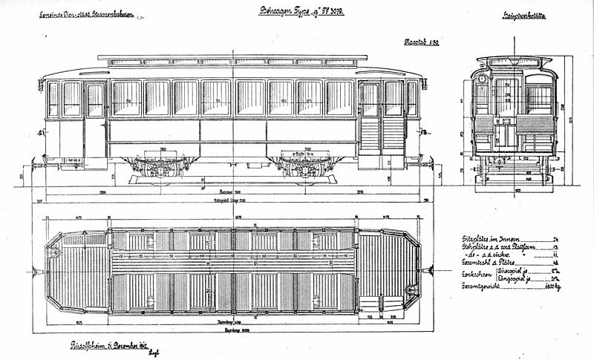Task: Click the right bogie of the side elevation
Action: [x=304, y=168]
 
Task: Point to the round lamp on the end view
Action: [x=482, y=78]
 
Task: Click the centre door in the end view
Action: [x=506, y=111]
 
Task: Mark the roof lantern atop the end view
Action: [x=514, y=61]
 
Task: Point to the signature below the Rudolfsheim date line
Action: [x=154, y=353]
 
